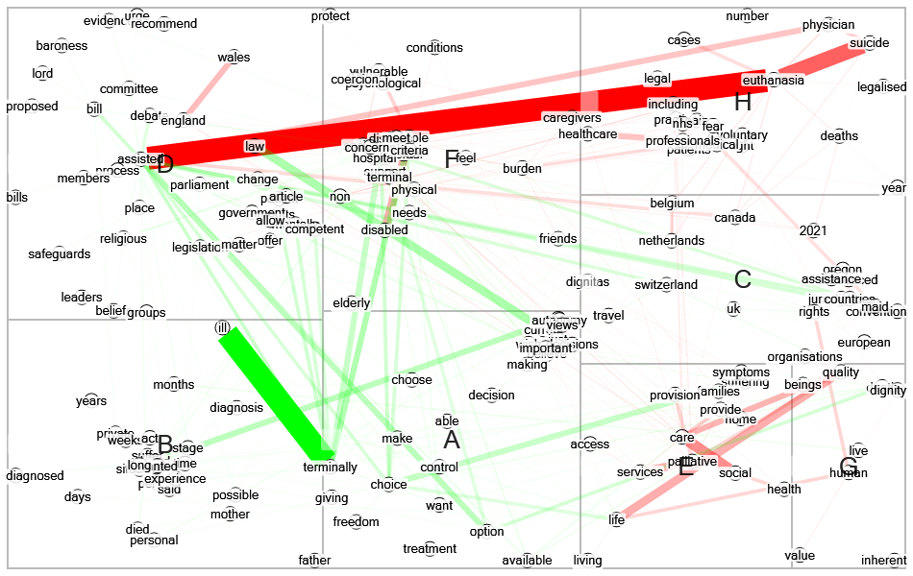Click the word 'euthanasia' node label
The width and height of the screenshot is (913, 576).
click(x=774, y=81)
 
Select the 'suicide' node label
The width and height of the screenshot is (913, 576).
click(x=869, y=44)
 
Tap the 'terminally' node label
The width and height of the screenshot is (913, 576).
click(x=331, y=468)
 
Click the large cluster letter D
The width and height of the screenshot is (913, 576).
click(x=164, y=163)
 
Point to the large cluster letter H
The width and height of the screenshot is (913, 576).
click(x=742, y=101)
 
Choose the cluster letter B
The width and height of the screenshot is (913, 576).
click(x=164, y=445)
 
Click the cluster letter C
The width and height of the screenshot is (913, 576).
click(x=742, y=280)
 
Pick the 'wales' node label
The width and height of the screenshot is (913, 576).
click(x=234, y=58)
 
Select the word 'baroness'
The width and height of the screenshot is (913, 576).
click(x=62, y=46)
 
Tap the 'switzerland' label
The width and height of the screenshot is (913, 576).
click(x=666, y=285)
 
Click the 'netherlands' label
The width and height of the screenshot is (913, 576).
click(x=671, y=241)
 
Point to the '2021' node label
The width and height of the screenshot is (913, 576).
click(x=812, y=230)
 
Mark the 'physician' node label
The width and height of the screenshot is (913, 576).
click(x=828, y=25)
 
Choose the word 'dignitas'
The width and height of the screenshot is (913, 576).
click(x=589, y=282)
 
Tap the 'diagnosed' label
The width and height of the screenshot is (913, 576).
click(x=35, y=476)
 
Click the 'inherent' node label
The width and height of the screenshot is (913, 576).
click(x=883, y=561)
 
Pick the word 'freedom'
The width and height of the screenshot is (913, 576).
click(x=357, y=522)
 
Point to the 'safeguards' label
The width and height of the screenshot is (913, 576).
click(x=59, y=254)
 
